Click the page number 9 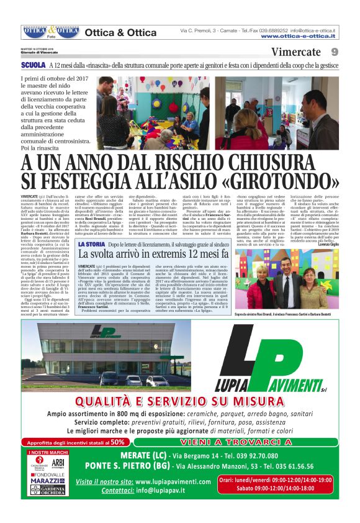[x=334, y=52]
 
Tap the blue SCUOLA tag [x=33, y=65]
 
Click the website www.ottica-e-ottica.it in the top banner [x=299, y=36]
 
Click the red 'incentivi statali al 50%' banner [x=78, y=442]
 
